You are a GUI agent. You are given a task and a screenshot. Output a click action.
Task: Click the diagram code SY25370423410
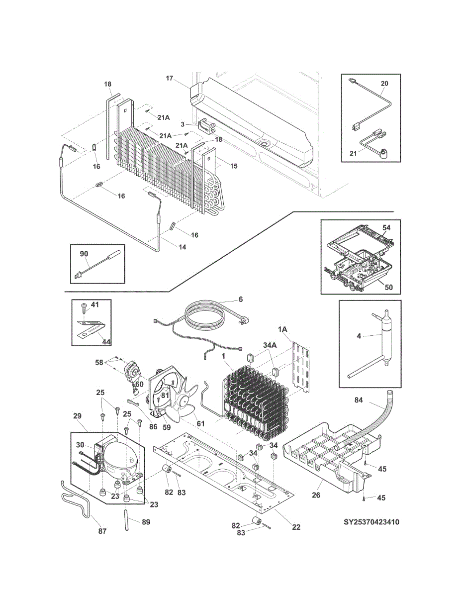tap(371, 522)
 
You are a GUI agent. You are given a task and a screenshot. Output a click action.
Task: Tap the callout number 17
tap(170, 78)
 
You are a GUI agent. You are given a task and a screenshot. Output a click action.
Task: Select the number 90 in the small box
tap(84, 254)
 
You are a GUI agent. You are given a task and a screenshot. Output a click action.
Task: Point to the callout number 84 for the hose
tap(359, 400)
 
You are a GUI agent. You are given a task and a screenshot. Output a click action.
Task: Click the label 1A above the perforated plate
tap(283, 329)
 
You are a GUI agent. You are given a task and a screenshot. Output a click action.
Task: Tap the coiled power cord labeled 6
tap(205, 316)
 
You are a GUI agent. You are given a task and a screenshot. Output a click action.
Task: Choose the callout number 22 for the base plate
tap(296, 527)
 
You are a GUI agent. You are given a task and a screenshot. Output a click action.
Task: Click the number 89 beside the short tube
tap(146, 522)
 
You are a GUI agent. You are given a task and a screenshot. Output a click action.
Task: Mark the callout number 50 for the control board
tap(388, 287)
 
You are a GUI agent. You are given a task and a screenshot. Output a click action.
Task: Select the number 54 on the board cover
tap(386, 227)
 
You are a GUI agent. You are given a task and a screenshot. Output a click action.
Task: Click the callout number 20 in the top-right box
tap(384, 84)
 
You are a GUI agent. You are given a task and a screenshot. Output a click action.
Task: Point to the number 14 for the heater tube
tap(183, 247)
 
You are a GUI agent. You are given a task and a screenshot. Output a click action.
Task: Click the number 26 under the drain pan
tap(316, 495)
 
